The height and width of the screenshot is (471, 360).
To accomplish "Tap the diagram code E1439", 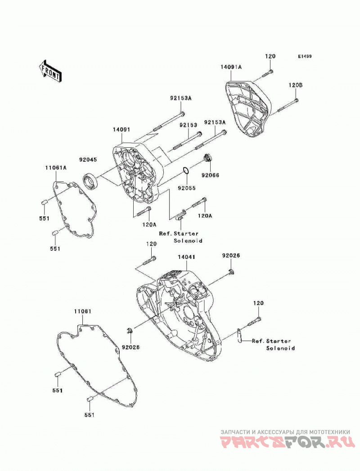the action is pyautogui.click(x=305, y=56).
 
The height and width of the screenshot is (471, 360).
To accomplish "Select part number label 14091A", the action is pyautogui.click(x=231, y=67).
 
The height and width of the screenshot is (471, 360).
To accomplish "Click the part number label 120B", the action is pyautogui.click(x=296, y=85).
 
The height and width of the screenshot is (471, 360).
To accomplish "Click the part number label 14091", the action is pyautogui.click(x=121, y=130).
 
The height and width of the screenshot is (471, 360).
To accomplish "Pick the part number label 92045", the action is pyautogui.click(x=88, y=159).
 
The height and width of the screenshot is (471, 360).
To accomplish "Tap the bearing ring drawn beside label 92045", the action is pyautogui.click(x=90, y=181).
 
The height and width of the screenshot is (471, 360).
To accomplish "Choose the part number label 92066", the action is pyautogui.click(x=210, y=175).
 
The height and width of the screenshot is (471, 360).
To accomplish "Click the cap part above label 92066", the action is pyautogui.click(x=207, y=158).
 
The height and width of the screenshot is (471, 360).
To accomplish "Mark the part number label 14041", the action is pyautogui.click(x=186, y=257).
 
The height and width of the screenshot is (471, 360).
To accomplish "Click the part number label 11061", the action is pyautogui.click(x=82, y=312).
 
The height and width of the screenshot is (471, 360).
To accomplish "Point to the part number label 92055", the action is pyautogui.click(x=186, y=188).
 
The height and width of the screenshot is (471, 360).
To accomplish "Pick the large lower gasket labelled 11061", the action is pyautogui.click(x=97, y=367).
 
